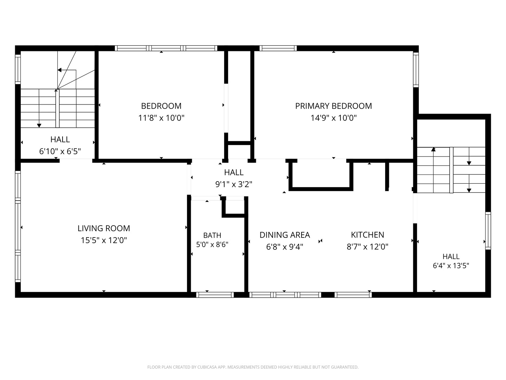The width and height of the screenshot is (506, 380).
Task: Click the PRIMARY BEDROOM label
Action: point(333,106)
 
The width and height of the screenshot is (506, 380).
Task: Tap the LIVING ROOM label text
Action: point(104,228)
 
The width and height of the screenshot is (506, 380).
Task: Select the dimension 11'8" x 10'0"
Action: point(161,118)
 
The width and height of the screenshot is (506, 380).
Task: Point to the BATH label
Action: point(212,235)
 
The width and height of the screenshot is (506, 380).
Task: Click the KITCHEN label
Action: point(368,235)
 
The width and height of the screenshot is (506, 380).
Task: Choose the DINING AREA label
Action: point(285,235)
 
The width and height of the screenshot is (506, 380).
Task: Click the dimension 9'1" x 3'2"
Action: point(234,184)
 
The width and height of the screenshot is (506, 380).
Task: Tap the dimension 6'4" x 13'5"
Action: point(451,266)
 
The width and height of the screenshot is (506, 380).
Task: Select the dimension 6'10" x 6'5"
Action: point(60,151)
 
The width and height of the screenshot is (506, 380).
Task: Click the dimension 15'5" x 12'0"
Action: point(104,240)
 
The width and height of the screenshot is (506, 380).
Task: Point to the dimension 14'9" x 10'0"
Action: point(333,118)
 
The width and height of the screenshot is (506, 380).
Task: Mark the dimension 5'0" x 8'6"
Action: point(212,244)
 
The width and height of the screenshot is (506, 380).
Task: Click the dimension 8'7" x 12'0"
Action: point(368,247)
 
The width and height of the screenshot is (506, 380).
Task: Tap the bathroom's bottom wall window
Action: point(215,294)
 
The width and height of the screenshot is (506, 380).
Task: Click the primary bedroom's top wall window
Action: point(278,48)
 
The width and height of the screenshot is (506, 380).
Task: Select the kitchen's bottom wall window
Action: point(353,294)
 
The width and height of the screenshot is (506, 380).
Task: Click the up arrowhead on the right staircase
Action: point(433,149)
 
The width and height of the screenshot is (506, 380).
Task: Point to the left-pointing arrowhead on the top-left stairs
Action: point(59,70)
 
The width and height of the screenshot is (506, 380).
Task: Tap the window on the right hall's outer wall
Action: point(488,230)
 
